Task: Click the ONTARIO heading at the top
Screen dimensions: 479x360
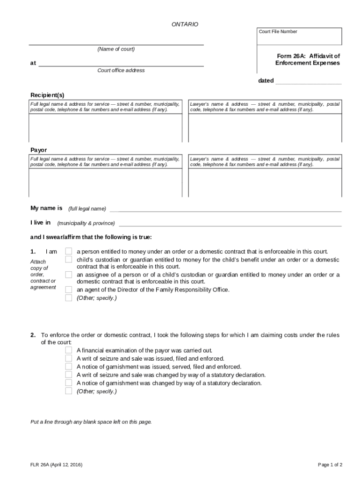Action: click(x=185, y=24)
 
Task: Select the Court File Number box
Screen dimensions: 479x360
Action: click(x=299, y=36)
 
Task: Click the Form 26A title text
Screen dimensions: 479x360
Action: click(x=308, y=59)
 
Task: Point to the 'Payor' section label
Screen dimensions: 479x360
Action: click(x=39, y=150)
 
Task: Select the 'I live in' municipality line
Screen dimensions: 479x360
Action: click(x=230, y=223)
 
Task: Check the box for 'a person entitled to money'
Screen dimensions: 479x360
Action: click(x=69, y=251)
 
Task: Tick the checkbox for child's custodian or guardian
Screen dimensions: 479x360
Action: click(x=69, y=259)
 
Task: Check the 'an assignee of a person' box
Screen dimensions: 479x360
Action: click(x=69, y=275)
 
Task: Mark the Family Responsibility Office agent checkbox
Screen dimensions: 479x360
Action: click(x=69, y=290)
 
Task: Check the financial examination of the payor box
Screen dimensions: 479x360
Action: click(x=69, y=350)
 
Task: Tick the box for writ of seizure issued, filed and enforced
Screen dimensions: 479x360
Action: click(x=69, y=358)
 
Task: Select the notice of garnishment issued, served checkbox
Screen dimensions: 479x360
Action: click(x=69, y=366)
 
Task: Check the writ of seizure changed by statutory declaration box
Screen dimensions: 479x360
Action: click(x=69, y=375)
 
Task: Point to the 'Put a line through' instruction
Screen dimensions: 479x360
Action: click(x=91, y=421)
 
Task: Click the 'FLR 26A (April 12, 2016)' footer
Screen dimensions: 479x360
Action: click(x=57, y=464)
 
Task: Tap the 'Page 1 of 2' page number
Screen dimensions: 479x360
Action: click(x=330, y=464)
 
